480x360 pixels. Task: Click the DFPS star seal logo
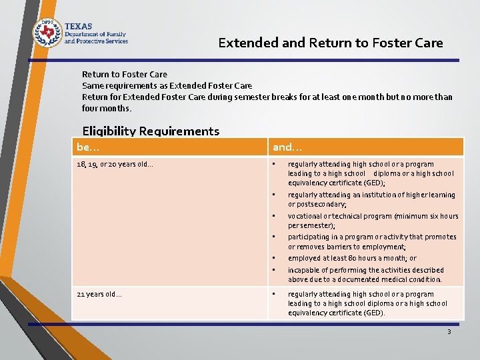click(x=47, y=32)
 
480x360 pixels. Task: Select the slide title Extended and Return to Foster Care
click(x=331, y=43)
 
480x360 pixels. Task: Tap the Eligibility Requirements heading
click(x=150, y=131)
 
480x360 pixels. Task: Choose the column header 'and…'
click(x=287, y=147)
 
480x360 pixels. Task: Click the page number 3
click(x=449, y=331)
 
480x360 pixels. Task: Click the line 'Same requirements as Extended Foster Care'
click(x=167, y=85)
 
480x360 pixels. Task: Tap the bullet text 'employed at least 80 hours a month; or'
click(x=352, y=258)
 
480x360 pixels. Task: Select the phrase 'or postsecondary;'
click(x=317, y=205)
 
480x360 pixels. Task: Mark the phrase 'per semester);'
click(x=311, y=226)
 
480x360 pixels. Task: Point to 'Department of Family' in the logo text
click(x=95, y=34)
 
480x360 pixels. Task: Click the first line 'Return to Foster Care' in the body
click(x=124, y=74)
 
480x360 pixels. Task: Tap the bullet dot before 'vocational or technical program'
click(x=273, y=217)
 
